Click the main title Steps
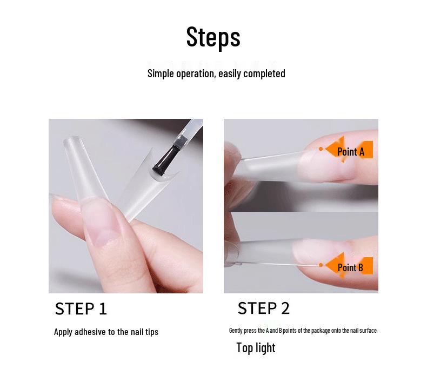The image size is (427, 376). (x=213, y=37)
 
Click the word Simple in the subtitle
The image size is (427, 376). (x=161, y=73)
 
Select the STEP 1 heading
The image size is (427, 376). (x=81, y=308)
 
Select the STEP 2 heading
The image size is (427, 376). (x=264, y=308)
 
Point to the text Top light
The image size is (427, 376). (x=256, y=348)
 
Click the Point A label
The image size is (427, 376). (x=351, y=152)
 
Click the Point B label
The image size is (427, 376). (x=350, y=267)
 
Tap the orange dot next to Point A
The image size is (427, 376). (x=321, y=149)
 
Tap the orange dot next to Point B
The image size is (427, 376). (x=321, y=265)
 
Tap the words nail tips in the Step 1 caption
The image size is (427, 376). (x=144, y=332)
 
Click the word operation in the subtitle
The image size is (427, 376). (x=196, y=73)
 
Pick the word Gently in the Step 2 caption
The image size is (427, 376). (x=236, y=331)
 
